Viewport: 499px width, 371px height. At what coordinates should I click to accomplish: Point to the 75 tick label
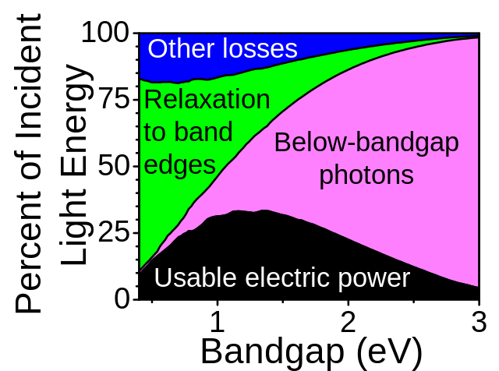115,99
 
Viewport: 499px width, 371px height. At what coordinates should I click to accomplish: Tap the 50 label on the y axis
114,166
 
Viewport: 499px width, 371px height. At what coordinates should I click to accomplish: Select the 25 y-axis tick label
114,232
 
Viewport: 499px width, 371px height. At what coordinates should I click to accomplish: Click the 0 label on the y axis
122,299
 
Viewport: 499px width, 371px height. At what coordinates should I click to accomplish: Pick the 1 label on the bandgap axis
218,322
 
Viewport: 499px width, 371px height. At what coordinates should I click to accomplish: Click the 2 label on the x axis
349,322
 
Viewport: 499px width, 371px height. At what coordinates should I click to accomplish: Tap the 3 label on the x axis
479,322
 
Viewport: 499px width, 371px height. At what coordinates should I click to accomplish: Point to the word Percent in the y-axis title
28,252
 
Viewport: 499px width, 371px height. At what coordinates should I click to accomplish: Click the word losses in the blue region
260,48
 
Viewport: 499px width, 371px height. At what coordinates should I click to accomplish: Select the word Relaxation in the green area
207,99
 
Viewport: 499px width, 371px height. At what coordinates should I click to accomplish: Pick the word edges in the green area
180,165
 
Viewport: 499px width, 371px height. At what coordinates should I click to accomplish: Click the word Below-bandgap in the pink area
366,142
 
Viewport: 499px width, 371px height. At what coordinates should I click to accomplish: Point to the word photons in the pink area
366,175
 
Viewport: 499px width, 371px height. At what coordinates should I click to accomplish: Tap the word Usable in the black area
195,277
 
